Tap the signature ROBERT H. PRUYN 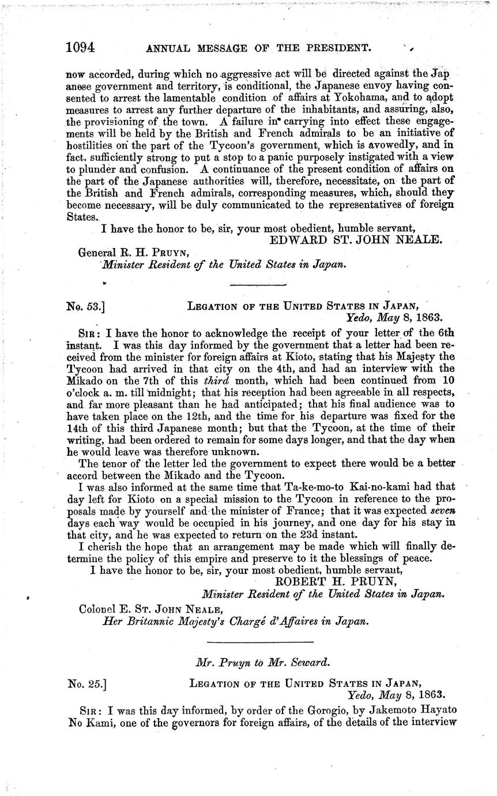(337, 581)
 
